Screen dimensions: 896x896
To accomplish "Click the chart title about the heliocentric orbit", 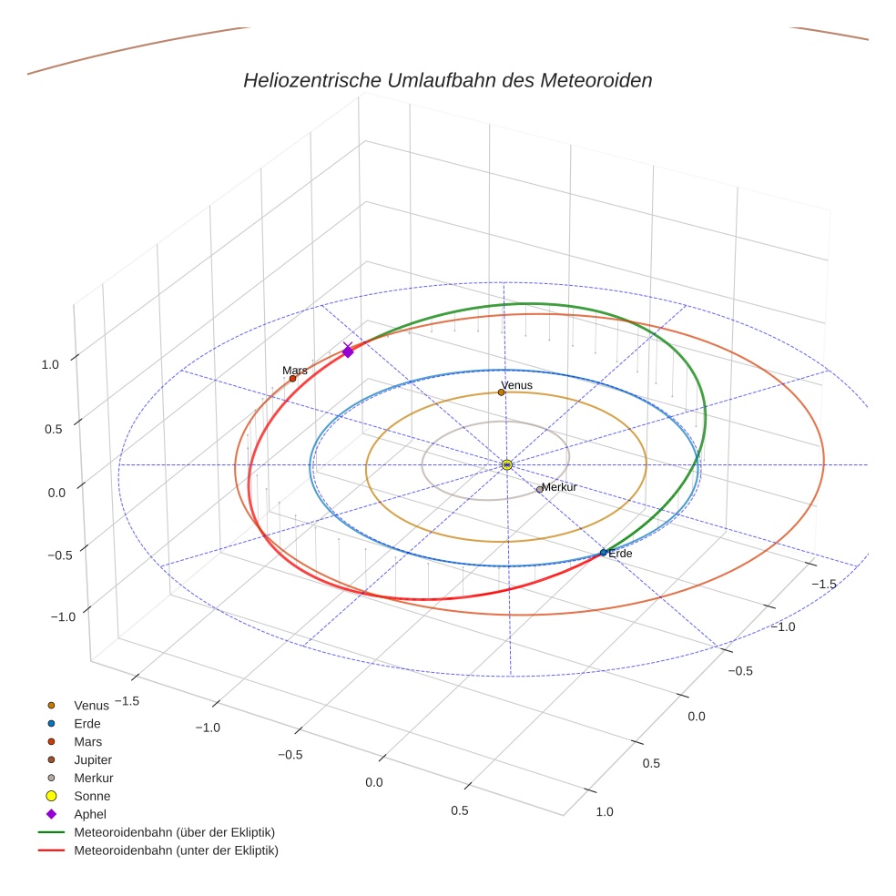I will [447, 80].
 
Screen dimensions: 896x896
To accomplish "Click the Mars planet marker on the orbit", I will [292, 378].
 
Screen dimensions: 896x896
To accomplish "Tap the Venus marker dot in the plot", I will [501, 392].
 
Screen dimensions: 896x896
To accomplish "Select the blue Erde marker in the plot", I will [603, 553].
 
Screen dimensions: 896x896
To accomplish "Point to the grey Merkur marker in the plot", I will [539, 489].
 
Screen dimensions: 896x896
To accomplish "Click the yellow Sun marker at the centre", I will [507, 464].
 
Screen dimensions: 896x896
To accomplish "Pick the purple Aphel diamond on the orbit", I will [347, 351].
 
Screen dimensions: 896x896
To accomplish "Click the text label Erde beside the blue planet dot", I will [620, 554].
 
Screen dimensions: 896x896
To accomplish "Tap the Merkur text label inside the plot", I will [559, 487].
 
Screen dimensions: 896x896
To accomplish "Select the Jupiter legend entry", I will [93, 759].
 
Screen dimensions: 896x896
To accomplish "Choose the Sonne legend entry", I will [92, 796].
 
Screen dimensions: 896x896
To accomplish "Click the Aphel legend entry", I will [90, 814].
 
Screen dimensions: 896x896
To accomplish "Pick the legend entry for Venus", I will [91, 705].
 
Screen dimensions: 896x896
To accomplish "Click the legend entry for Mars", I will [88, 741].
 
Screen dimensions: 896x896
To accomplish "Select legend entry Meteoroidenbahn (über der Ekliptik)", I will [174, 832].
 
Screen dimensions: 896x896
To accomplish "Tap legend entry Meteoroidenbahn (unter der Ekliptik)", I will [176, 850].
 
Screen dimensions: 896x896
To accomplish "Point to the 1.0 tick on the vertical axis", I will [50, 364].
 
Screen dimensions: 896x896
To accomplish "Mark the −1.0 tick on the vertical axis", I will [60, 617].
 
